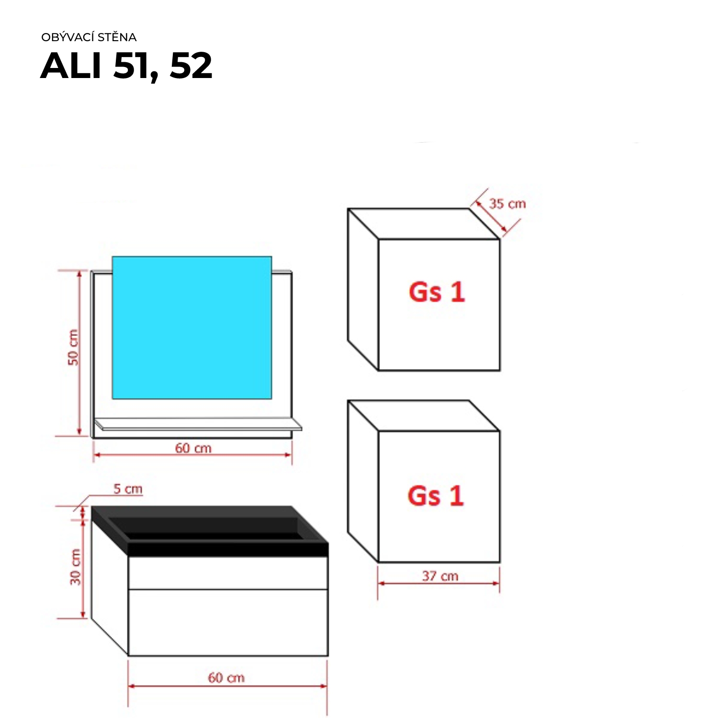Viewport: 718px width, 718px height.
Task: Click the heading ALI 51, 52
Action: click(126, 66)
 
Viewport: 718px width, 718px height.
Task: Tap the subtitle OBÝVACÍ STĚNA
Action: click(89, 37)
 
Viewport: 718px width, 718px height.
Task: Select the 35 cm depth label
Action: click(507, 204)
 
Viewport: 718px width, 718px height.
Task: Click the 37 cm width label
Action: click(440, 576)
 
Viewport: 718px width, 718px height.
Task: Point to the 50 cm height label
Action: click(73, 348)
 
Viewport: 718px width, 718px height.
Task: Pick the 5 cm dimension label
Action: click(128, 489)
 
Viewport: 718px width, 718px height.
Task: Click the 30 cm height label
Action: click(76, 567)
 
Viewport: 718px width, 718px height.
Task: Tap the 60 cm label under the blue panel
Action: click(193, 448)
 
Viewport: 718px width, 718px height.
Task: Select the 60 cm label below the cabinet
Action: click(226, 678)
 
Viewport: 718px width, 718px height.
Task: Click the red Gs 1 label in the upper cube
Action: click(437, 292)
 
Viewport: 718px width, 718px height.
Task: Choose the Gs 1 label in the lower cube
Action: click(436, 495)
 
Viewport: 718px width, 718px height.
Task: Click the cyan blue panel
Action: click(192, 327)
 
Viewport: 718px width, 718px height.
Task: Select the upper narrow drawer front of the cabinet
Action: click(228, 573)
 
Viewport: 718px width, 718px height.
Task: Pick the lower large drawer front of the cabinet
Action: click(228, 622)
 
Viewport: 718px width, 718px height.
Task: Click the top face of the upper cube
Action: click(423, 224)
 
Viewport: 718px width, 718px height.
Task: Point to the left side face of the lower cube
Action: click(363, 481)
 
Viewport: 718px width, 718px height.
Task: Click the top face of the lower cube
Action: click(423, 415)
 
